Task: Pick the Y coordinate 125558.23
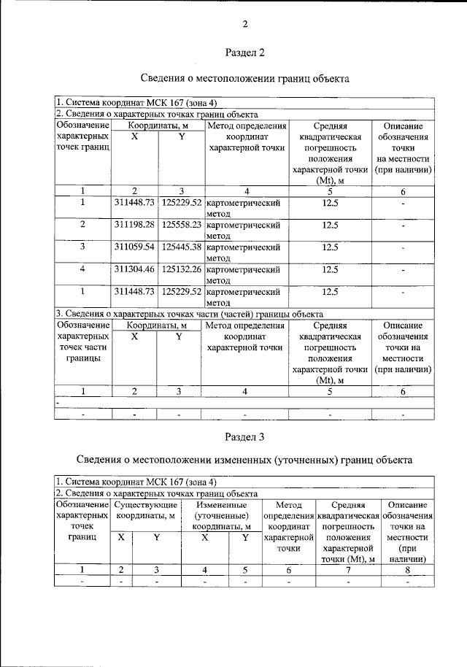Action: [182, 225]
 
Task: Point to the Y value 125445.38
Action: [182, 247]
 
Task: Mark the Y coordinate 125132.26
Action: [182, 269]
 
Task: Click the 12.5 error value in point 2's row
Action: [330, 225]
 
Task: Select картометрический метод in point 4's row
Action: [244, 274]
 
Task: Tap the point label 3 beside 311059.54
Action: [83, 247]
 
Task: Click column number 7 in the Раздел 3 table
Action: [347, 569]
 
